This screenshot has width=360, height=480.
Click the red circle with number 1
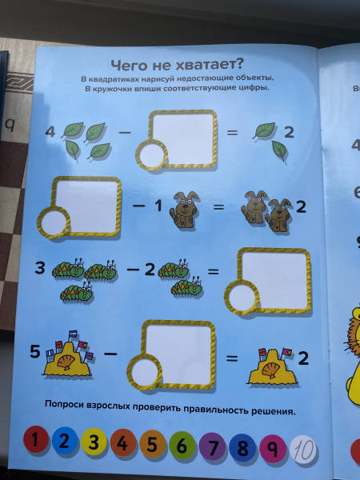[36, 439]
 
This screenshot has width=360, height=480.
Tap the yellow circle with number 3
[94, 442]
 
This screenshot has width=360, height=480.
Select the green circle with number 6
[182, 445]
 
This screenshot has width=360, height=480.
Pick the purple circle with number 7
[212, 446]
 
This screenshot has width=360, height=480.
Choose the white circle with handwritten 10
[304, 450]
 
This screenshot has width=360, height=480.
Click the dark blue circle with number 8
[242, 447]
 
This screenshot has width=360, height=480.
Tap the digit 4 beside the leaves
[50, 131]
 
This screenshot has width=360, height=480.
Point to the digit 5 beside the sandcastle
[35, 352]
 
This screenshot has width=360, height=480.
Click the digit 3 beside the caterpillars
[40, 268]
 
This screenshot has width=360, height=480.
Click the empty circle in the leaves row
[151, 155]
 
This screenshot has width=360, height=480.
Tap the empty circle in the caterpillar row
[242, 298]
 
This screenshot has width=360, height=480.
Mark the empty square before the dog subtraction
[86, 206]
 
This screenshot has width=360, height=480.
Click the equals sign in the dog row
[219, 207]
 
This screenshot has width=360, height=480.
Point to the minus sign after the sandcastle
[110, 354]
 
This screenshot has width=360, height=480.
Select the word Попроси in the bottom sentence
[64, 404]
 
